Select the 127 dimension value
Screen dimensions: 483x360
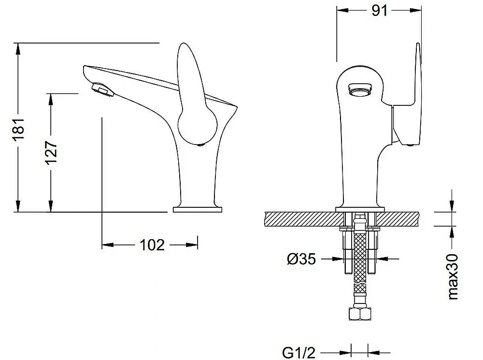pos(52,153)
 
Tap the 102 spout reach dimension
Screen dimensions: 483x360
pos(152,245)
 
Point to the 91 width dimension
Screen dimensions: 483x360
pos(379,11)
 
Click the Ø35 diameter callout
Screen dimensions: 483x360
pos(301,259)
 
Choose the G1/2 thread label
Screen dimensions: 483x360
pos(299,352)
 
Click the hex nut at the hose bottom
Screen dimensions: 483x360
pos(360,314)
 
